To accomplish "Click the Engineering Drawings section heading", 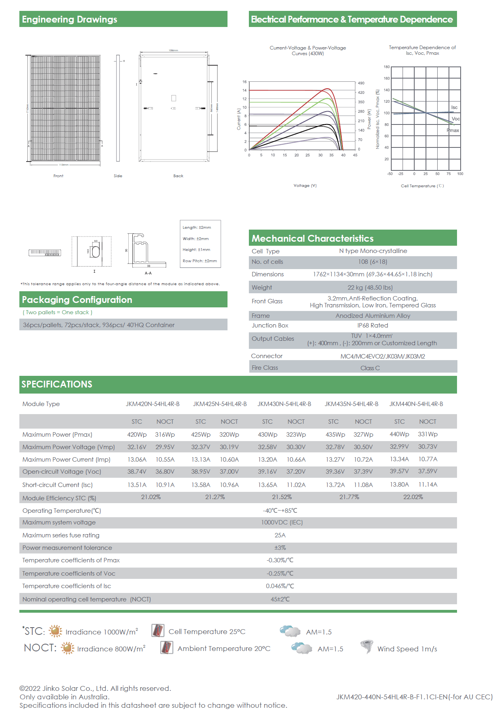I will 69,19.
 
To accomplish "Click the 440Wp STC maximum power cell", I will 399,434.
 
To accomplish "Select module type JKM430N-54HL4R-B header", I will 284,404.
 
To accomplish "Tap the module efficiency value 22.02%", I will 413,497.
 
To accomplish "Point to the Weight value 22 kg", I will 370,288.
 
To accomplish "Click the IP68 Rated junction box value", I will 372,325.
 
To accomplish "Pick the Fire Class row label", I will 265,368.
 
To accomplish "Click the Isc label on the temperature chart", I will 454,108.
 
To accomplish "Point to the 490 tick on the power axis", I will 361,83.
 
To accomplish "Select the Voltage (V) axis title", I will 305,186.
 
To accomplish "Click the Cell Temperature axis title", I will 422,186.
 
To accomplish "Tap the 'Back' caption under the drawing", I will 178,176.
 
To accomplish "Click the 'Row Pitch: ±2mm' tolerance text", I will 200,261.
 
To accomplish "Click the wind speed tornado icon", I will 367,647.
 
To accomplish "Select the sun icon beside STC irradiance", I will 55,631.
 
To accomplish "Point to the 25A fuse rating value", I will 280,535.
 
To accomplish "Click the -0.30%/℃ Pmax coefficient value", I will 280,560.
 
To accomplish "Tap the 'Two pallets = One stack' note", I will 57,313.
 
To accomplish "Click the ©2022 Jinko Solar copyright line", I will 95,688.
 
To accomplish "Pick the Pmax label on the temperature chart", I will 453,131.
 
